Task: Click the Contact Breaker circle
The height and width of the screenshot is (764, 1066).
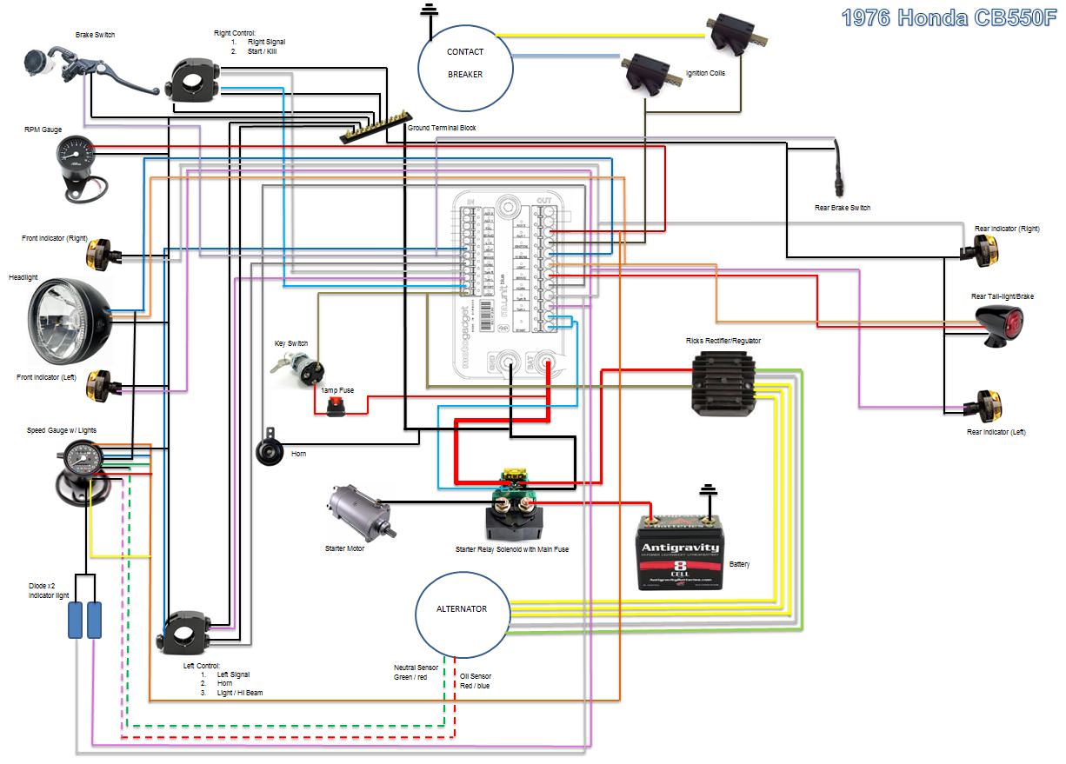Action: (x=464, y=63)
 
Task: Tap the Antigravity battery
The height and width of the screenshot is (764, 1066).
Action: (x=681, y=553)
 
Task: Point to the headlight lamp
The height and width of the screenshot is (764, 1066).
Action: (x=69, y=321)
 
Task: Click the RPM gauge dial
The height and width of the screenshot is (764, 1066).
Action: (x=71, y=156)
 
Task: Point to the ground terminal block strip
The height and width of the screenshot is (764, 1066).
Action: (x=374, y=130)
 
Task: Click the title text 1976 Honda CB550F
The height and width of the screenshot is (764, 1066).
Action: (x=950, y=18)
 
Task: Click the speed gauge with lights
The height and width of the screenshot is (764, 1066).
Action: (x=83, y=458)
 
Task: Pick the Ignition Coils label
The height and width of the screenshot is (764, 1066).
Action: (x=704, y=74)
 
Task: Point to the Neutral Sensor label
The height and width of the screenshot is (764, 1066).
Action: (x=410, y=672)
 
